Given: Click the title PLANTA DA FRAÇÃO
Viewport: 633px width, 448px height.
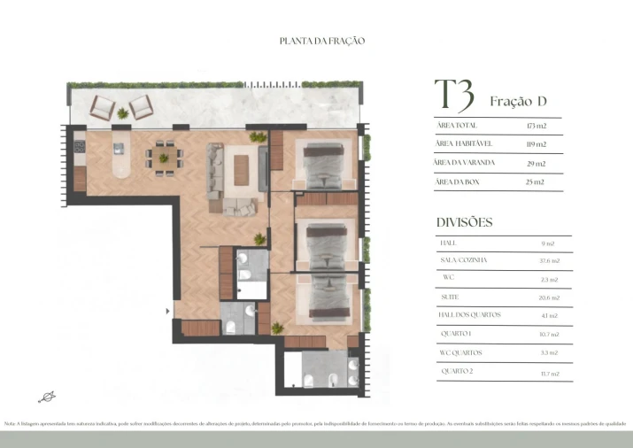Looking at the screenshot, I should coord(321,41).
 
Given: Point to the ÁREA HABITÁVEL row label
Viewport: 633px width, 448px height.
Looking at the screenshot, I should coord(464,143).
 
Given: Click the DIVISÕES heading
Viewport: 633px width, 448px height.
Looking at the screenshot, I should coord(464,222).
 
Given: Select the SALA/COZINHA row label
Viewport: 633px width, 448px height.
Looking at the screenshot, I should coord(463,260).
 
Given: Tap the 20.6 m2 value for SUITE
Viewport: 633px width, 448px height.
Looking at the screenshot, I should coord(550,297).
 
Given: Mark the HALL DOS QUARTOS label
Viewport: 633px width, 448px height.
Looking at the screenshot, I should coord(470,315).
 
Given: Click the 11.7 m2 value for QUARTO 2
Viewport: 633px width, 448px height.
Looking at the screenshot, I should coord(550,373).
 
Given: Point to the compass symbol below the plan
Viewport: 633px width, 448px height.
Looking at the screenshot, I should coord(45,396).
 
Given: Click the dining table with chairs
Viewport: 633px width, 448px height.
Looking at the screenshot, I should coord(164,156).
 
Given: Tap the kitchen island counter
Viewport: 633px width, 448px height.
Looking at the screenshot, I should coord(120,158).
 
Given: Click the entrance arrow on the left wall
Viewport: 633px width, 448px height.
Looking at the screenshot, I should coord(168,310).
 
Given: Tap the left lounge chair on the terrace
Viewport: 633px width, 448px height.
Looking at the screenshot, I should coord(103,108).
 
